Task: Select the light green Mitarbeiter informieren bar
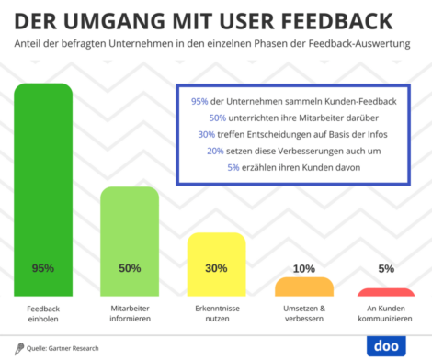click(130, 239)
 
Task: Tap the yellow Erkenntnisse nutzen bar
click(216, 262)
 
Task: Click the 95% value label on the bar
click(42, 269)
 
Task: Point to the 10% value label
click(303, 269)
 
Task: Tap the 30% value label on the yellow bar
click(216, 269)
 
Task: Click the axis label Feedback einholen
click(42, 315)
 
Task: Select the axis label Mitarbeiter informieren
click(130, 315)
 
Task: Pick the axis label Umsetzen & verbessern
click(303, 315)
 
